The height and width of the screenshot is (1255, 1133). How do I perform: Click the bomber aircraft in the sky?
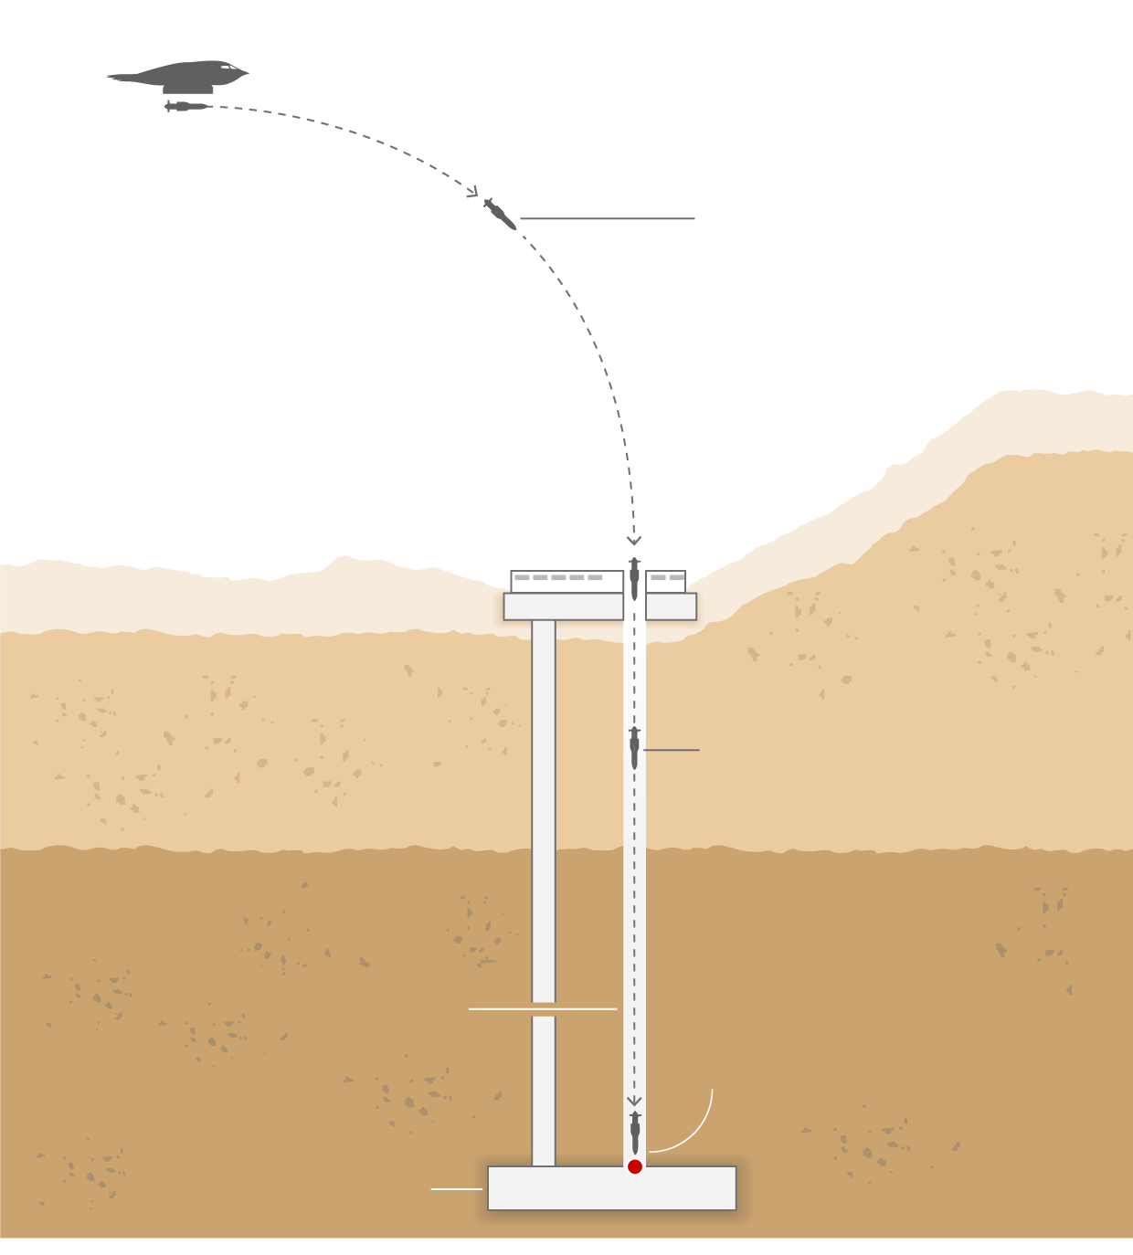pos(183,76)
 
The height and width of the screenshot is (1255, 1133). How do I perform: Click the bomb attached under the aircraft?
pos(187,107)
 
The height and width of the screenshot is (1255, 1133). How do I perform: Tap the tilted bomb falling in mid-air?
pos(499,214)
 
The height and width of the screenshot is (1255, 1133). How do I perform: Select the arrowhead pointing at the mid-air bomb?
pos(472,192)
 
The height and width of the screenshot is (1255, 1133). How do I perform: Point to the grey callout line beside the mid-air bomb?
pos(607,218)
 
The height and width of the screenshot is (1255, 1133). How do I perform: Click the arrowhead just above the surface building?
pos(634,540)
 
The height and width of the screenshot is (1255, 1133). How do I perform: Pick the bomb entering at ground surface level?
pos(634,578)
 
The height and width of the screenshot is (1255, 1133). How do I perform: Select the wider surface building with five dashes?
pos(566,582)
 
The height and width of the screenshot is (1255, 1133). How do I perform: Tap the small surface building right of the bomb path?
pos(665,582)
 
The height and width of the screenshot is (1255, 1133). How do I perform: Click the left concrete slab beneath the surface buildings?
pos(563,606)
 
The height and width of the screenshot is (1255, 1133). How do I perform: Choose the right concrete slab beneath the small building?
pos(671,606)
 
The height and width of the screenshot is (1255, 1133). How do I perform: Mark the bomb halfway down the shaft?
pos(634,748)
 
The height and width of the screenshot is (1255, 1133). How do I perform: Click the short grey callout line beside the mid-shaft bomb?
pos(672,750)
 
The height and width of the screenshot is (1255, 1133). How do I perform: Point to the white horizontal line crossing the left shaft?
pos(543,1009)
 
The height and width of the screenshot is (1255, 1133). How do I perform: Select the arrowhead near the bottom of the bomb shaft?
pos(634,1101)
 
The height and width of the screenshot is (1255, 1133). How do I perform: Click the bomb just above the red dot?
pos(635,1133)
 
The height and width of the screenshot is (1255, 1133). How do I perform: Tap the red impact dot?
pos(635,1166)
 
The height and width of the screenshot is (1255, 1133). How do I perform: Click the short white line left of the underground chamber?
pos(456,1189)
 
